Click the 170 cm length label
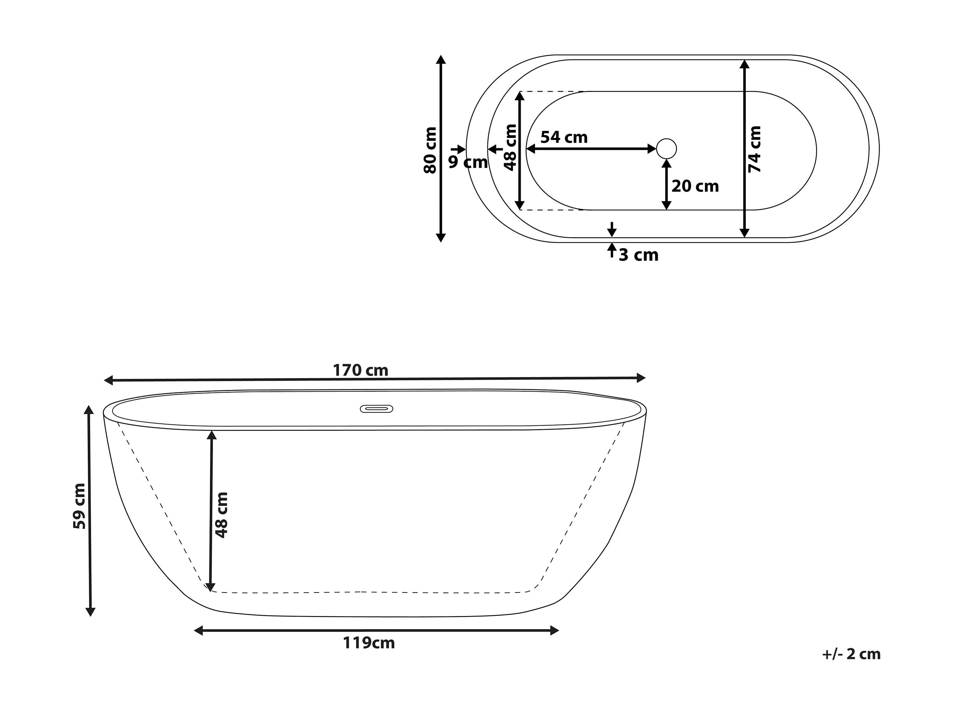361,370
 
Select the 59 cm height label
80,506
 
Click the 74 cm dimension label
755,149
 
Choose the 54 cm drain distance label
564,137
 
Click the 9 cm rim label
468,162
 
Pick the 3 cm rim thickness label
639,255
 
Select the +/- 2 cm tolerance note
851,654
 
